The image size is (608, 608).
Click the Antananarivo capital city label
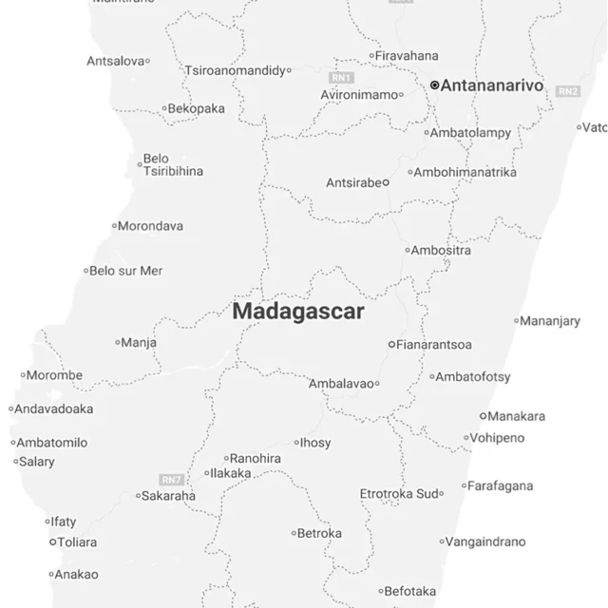click(492, 85)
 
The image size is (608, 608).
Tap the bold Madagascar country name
click(298, 312)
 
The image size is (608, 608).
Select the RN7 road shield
click(171, 479)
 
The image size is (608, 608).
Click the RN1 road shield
click(341, 77)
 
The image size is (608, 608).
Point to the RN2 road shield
click(568, 91)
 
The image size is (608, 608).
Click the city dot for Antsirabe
click(386, 182)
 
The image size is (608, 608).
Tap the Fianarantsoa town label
click(435, 344)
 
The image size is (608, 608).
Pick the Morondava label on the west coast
click(150, 226)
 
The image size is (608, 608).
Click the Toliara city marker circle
click(53, 542)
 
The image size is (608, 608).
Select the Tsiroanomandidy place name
click(236, 70)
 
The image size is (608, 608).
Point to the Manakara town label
click(517, 416)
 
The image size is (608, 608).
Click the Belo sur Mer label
click(126, 271)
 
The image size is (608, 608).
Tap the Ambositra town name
click(442, 251)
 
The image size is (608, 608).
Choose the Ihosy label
click(316, 443)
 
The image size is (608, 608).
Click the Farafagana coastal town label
click(500, 486)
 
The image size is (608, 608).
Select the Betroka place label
click(319, 533)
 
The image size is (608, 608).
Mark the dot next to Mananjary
click(517, 321)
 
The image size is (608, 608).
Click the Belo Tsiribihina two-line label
click(171, 165)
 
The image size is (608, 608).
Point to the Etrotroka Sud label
click(400, 494)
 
